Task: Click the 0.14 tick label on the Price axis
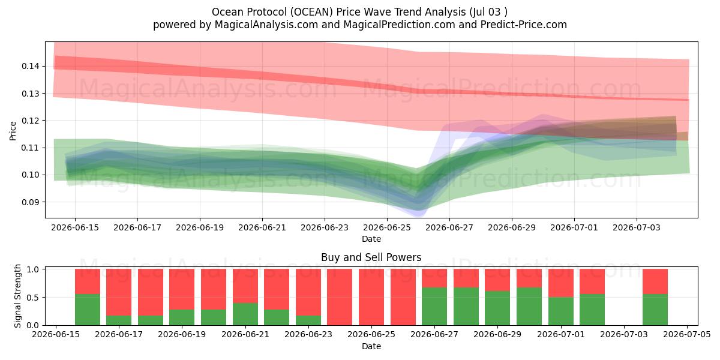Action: click(30, 66)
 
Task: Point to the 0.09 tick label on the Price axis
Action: click(30, 202)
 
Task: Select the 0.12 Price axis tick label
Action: click(30, 121)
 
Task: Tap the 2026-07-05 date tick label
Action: click(687, 334)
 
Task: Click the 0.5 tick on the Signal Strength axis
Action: click(33, 298)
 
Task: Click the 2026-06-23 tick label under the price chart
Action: click(325, 227)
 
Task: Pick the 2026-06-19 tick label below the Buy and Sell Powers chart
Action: click(182, 334)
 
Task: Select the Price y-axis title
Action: click(13, 131)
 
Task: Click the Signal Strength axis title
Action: click(17, 296)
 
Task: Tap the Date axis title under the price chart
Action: click(371, 239)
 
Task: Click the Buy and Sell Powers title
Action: click(371, 257)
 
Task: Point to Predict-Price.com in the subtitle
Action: click(524, 25)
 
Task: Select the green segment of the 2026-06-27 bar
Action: click(434, 307)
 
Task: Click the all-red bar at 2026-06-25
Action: click(371, 297)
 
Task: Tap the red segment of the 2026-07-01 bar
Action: click(561, 283)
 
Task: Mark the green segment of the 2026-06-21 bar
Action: click(245, 314)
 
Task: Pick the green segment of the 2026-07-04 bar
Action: click(655, 310)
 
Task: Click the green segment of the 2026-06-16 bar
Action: click(88, 310)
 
